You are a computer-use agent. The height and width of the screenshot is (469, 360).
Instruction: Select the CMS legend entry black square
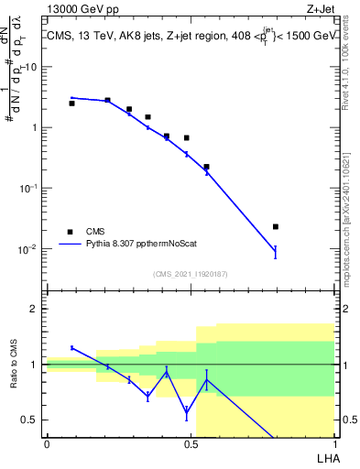tap(70, 232)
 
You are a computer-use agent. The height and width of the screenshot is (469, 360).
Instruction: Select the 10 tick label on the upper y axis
tap(32, 67)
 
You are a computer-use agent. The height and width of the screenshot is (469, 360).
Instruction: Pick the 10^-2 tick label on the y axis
tap(29, 248)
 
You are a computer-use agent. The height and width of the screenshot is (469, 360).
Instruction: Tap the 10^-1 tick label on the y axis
tap(29, 187)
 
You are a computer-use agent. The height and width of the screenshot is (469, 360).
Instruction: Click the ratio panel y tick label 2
tap(36, 309)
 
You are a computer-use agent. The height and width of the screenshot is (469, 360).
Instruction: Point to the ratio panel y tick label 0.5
tap(31, 420)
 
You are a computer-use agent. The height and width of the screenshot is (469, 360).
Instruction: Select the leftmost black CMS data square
tap(71, 104)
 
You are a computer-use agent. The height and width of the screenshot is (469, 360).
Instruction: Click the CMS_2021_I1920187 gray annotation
tap(190, 273)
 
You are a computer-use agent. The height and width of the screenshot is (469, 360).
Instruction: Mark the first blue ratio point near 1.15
tap(71, 348)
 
